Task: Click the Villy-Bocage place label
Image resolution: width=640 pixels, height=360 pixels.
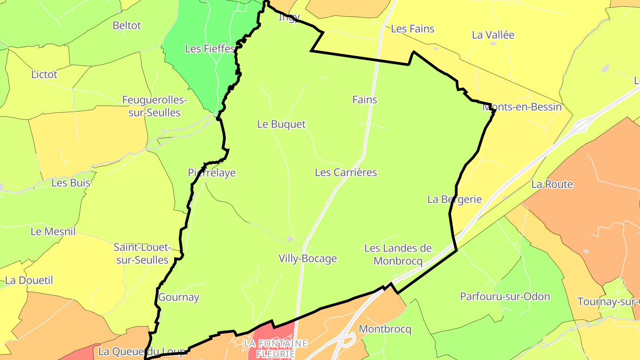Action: pos(308,259)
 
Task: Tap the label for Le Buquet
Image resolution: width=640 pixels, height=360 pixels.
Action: pos(281,124)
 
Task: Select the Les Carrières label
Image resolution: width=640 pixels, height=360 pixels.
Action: pos(346,172)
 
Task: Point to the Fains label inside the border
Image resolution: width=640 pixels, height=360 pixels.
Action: pos(364,100)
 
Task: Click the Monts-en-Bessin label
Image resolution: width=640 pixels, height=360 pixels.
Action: pos(522,107)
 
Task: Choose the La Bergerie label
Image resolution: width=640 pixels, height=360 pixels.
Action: pos(454,200)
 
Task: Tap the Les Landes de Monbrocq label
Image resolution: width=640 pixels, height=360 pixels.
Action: pos(398,255)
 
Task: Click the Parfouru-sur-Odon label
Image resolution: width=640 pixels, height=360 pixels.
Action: pos(505,296)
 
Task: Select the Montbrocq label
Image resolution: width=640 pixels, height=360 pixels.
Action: pos(385,329)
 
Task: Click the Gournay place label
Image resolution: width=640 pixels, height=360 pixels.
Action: pos(179,297)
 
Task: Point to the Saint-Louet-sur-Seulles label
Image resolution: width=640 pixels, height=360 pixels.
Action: pos(142,253)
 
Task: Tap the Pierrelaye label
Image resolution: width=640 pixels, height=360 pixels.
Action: pos(212,173)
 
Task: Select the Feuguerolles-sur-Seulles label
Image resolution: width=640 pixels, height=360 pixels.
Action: pos(155,106)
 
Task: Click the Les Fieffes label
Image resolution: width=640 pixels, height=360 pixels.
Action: pos(209,49)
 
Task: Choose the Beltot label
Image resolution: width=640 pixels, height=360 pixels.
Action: pos(127,25)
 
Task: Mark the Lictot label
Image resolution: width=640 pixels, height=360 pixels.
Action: pos(44,75)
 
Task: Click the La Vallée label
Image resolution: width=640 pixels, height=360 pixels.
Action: pos(493,35)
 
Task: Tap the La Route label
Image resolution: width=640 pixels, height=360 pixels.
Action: pos(552,184)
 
